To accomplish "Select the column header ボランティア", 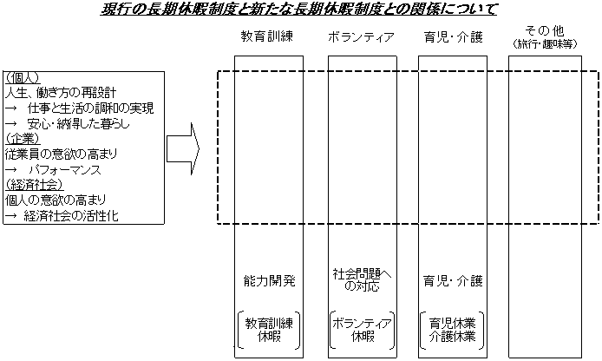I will [362, 37].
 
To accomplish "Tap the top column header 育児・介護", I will [451, 37].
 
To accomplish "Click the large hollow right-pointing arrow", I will [183, 148].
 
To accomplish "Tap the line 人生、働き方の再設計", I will [61, 92].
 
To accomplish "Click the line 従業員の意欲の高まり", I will [61, 154].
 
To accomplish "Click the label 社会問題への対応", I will [362, 279].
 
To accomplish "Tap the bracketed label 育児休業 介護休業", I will [451, 328].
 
